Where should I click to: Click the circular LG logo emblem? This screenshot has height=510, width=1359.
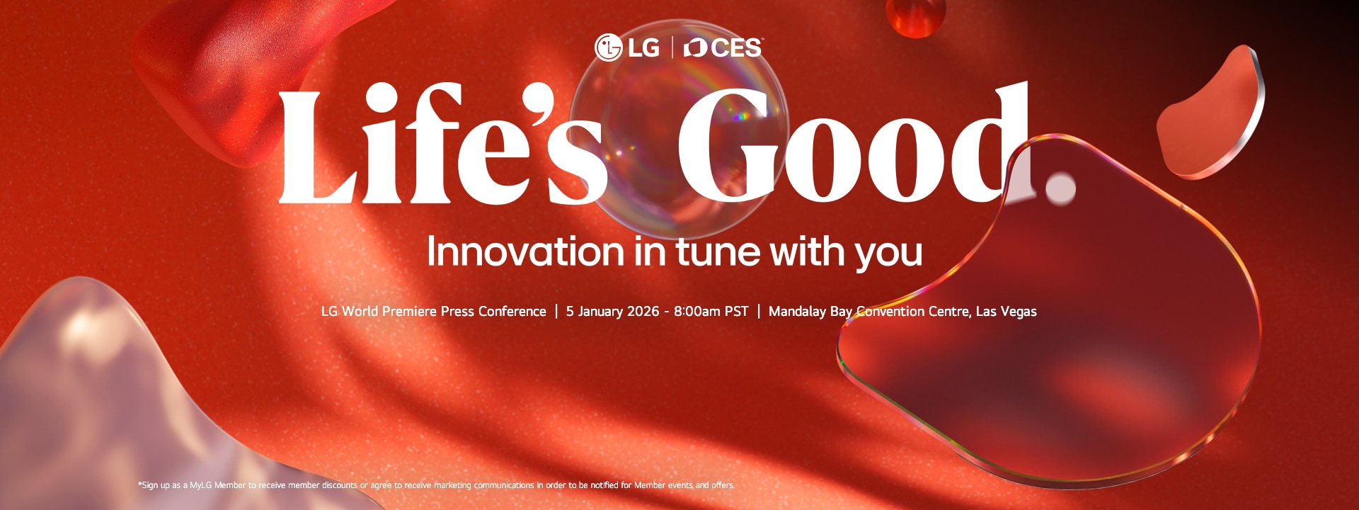[608, 47]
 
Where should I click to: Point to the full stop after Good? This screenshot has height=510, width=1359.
[1060, 188]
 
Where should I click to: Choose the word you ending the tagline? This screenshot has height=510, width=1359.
[888, 255]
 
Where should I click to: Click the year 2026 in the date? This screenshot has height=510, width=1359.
[643, 312]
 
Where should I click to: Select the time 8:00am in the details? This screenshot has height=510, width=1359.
[697, 312]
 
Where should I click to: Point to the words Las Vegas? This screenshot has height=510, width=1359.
[1006, 312]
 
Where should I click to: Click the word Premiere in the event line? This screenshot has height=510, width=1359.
[409, 312]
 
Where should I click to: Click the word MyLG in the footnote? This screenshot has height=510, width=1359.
[200, 485]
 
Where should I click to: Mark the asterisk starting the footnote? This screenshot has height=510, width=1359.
[139, 484]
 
